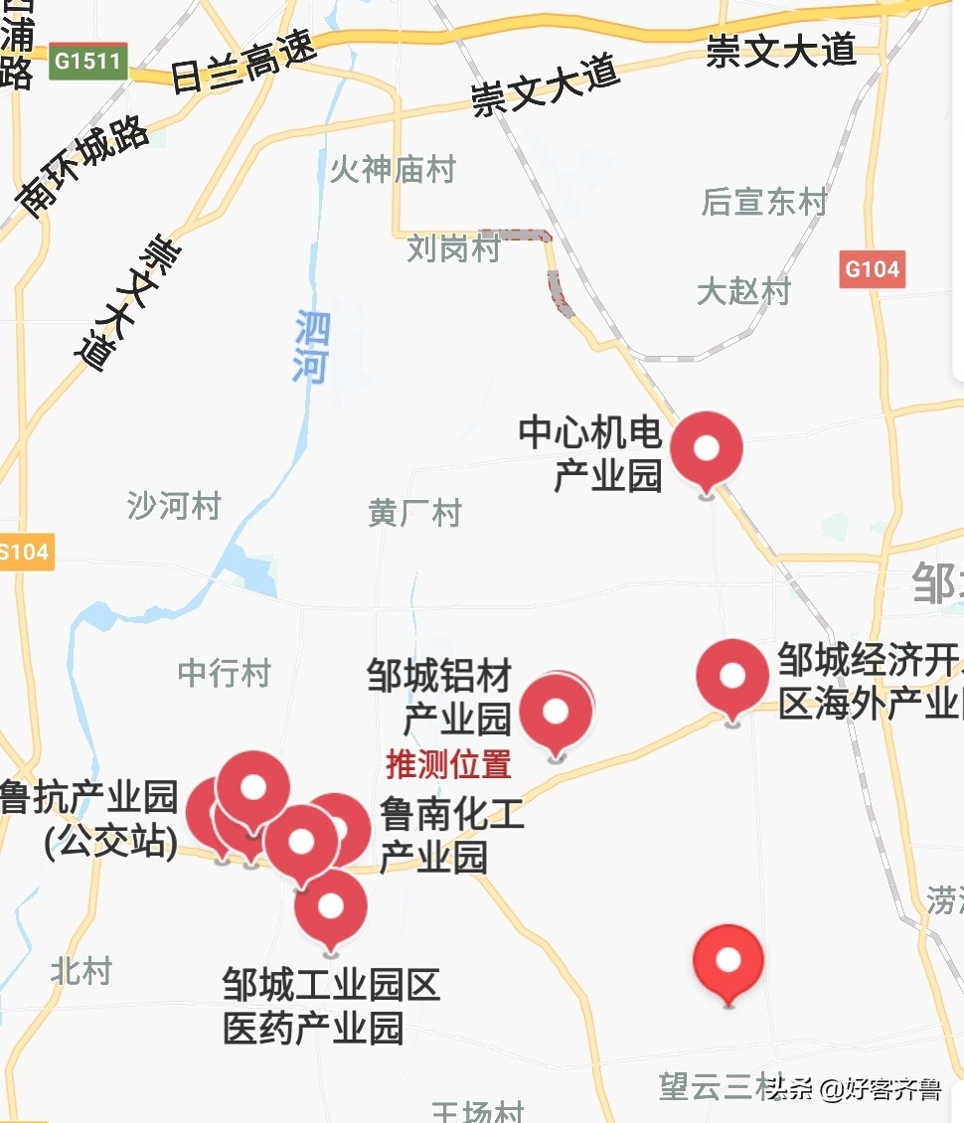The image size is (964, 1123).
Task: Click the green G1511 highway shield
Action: pos(87,62)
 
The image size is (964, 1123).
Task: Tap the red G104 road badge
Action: pos(872,268)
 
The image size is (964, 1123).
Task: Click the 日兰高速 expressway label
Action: pos(242,62)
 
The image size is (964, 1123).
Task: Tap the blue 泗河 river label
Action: pos(311,347)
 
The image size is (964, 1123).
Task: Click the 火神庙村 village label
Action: pos(393,170)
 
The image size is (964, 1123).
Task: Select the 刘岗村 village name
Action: pos(453,248)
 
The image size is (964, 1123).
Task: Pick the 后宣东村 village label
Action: pos(764,202)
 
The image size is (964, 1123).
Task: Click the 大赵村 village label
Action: pos(743,291)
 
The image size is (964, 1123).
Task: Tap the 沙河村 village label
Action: pos(173,506)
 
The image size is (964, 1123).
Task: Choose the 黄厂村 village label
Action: pos(414,513)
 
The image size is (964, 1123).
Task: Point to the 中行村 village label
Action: pos(224,673)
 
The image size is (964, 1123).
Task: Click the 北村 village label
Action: pos(81,971)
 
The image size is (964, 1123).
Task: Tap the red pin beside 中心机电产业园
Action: pos(706,449)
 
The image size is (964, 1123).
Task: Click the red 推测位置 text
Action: pos(448,764)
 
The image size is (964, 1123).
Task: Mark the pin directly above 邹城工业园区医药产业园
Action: pos(331,906)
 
